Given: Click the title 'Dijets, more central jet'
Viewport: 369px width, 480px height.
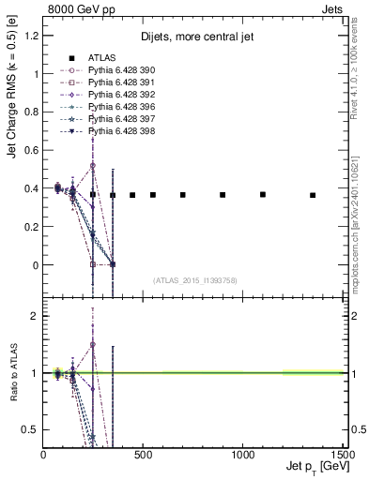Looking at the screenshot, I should point(192,37).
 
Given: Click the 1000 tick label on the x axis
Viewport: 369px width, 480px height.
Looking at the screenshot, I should point(244,454).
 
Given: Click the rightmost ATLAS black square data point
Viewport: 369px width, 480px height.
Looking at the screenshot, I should point(313,195).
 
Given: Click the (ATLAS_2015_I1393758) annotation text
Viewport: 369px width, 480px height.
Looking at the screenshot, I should point(195,280).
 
